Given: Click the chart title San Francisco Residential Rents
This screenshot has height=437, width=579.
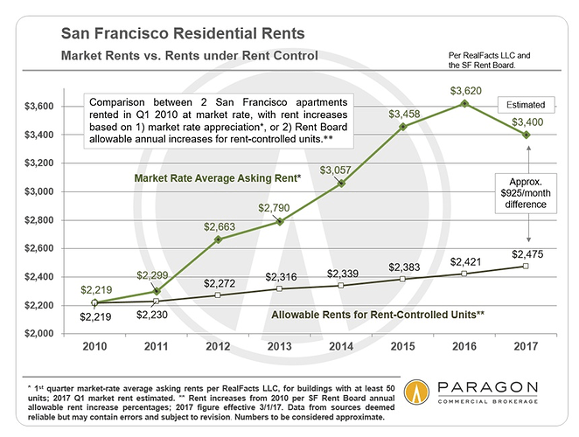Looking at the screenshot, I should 182,35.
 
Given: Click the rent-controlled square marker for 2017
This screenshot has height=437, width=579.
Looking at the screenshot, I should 525,266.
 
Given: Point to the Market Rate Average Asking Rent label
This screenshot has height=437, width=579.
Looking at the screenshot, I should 217,179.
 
